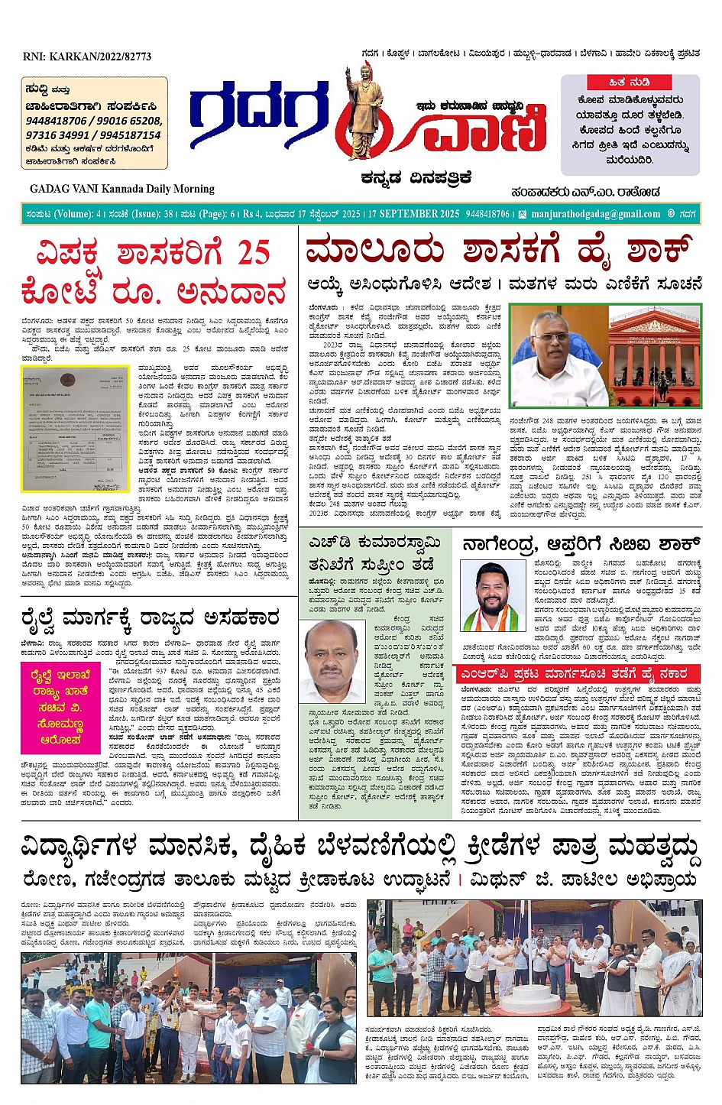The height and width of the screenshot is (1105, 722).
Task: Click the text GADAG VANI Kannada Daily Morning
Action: pyautogui.click(x=122, y=189)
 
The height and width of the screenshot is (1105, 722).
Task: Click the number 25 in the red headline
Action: pyautogui.click(x=252, y=253)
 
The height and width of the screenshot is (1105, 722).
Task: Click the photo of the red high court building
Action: pyautogui.click(x=654, y=356)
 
